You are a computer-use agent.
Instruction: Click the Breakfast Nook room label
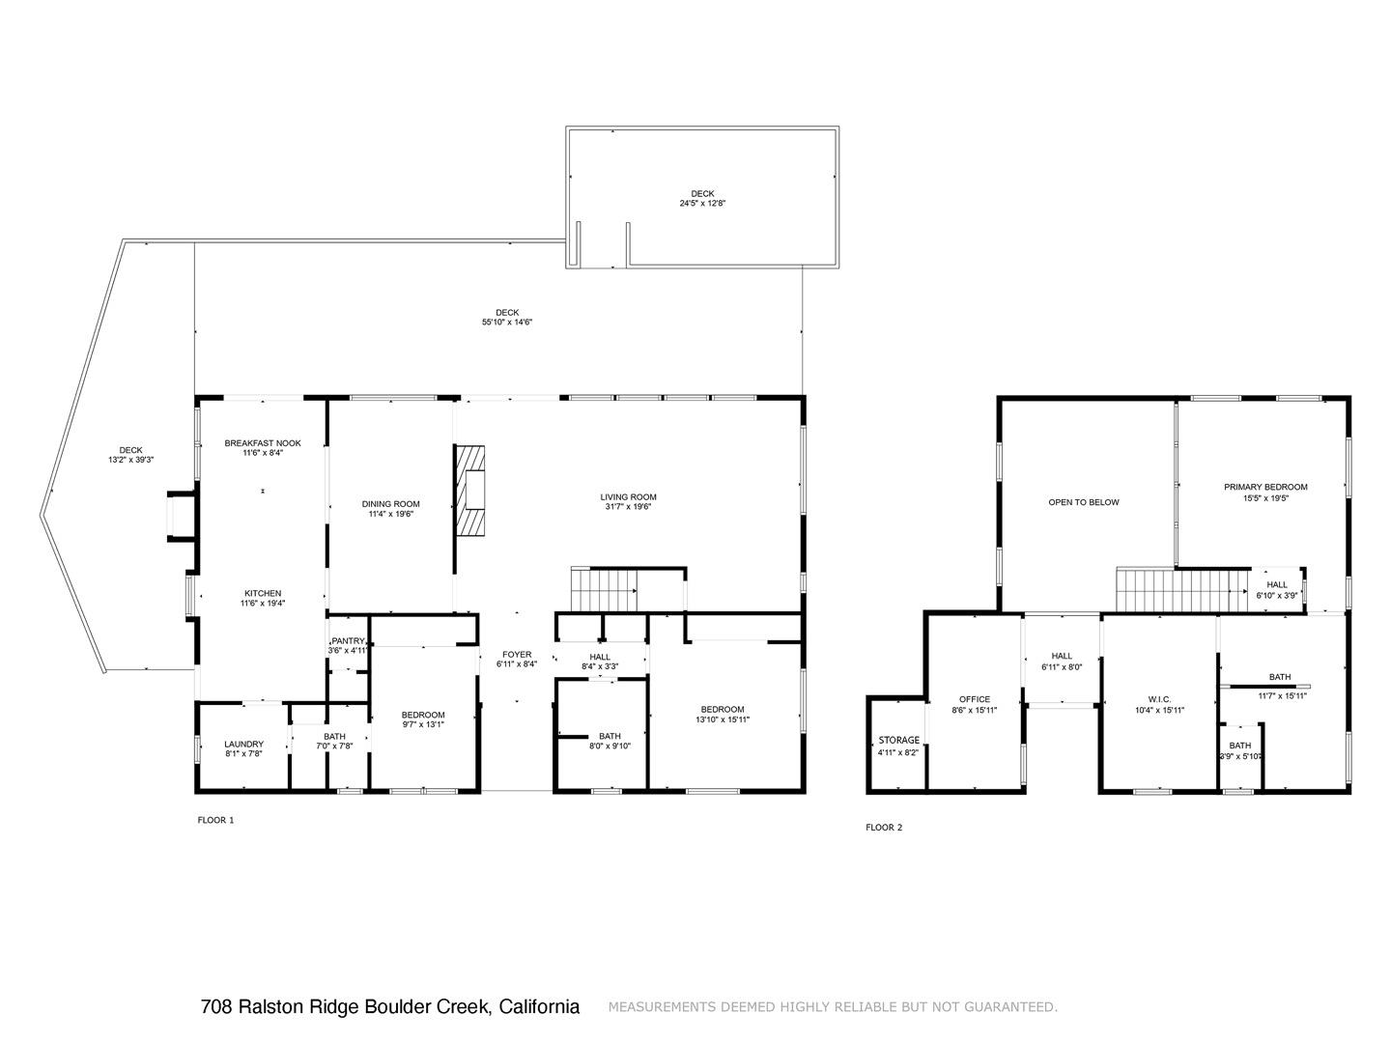263,443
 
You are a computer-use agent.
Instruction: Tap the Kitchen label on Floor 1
263,593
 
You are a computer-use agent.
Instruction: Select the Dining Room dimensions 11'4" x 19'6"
391,515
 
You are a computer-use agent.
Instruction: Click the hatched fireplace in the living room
470,490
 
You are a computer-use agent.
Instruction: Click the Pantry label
348,641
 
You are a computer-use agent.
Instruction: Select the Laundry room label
243,744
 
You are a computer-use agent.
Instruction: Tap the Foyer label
517,655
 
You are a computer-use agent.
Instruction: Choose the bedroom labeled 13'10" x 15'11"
723,709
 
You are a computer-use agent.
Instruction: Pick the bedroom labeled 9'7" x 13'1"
423,715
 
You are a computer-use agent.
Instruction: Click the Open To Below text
1084,502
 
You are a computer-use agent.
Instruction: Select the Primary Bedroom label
1265,487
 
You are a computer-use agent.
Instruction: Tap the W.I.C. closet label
1159,699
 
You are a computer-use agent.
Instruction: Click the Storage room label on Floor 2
898,741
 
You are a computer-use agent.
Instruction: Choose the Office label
975,699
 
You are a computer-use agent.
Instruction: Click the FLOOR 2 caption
884,828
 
